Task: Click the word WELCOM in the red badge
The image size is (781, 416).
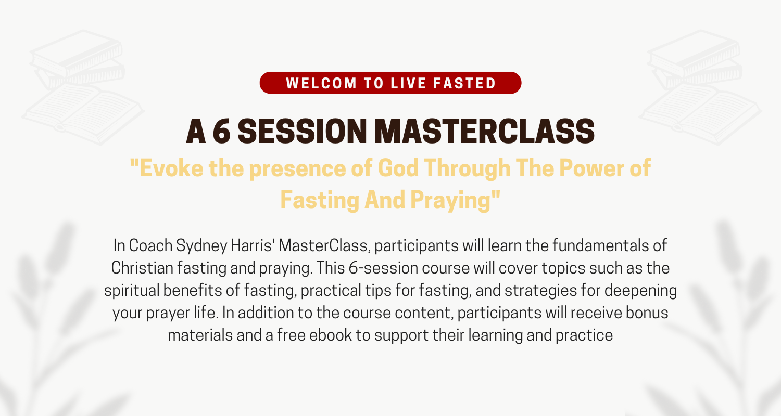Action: pyautogui.click(x=321, y=83)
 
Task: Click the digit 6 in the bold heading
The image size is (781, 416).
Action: pyautogui.click(x=222, y=131)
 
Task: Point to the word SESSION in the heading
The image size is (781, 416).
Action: pyautogui.click(x=302, y=131)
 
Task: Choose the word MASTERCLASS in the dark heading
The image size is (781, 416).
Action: pyautogui.click(x=485, y=131)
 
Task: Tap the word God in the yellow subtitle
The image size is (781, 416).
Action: pyautogui.click(x=398, y=168)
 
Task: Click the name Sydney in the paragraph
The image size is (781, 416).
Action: pyautogui.click(x=201, y=246)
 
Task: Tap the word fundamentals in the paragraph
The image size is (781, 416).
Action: pyautogui.click(x=599, y=245)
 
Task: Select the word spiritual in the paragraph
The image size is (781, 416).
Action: pyautogui.click(x=132, y=291)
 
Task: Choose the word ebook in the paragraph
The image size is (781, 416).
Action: pyautogui.click(x=331, y=335)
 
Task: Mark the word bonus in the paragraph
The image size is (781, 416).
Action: pyautogui.click(x=647, y=313)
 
